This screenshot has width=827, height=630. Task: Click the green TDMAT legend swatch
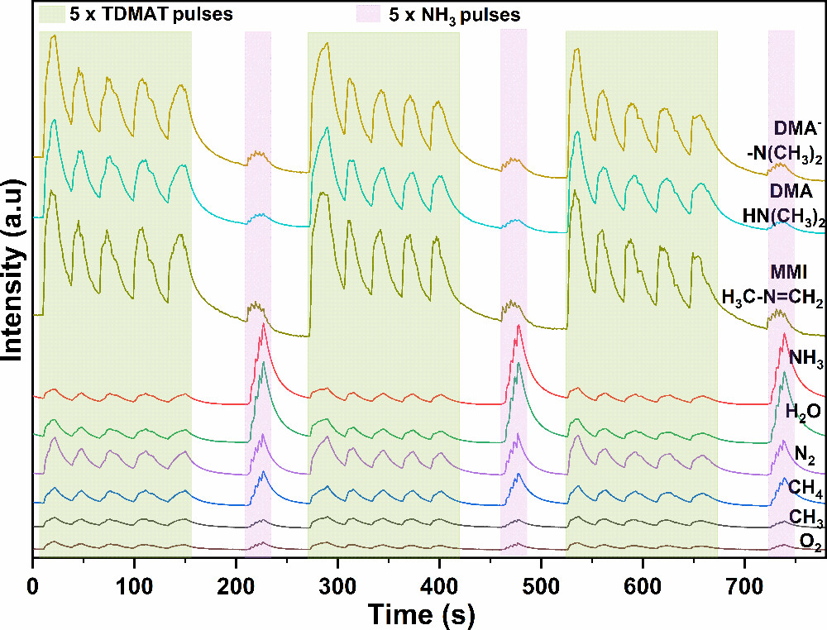tap(52, 14)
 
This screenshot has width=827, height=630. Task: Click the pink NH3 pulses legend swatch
tap(367, 14)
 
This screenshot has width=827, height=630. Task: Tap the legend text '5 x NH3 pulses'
tap(455, 15)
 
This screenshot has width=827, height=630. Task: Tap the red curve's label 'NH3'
tap(805, 358)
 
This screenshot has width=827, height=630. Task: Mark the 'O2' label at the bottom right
tap(810, 541)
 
